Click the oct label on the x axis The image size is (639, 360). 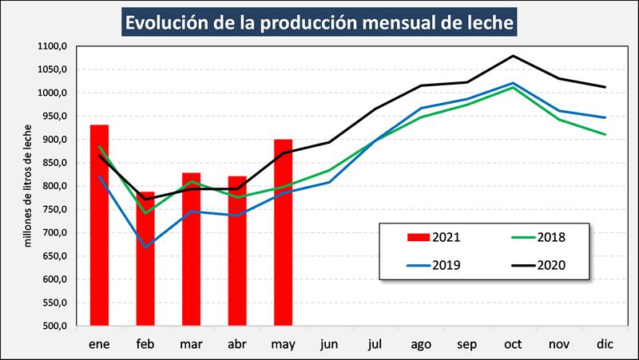[x=513, y=343]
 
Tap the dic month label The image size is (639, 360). [x=605, y=343]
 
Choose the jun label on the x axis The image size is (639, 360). [x=329, y=343]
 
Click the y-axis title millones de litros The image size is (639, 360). [x=26, y=185]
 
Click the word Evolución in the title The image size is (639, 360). [x=171, y=22]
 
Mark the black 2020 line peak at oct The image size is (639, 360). [x=513, y=56]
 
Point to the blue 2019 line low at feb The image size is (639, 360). [x=145, y=247]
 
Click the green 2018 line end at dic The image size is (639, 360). [x=605, y=134]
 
